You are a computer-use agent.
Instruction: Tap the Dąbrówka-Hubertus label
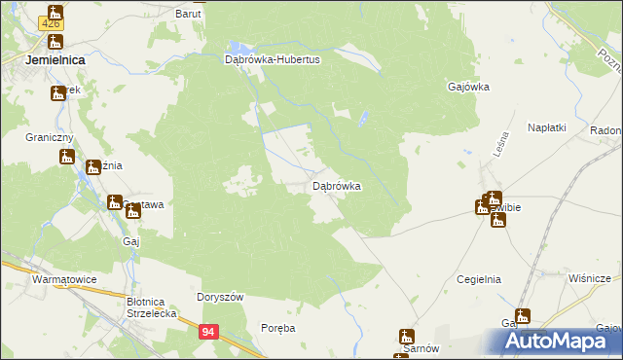[265, 58]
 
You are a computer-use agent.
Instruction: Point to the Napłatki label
[547, 127]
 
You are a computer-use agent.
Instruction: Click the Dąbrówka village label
[337, 185]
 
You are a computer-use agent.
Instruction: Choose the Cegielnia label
[478, 279]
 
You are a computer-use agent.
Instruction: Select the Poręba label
[278, 328]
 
